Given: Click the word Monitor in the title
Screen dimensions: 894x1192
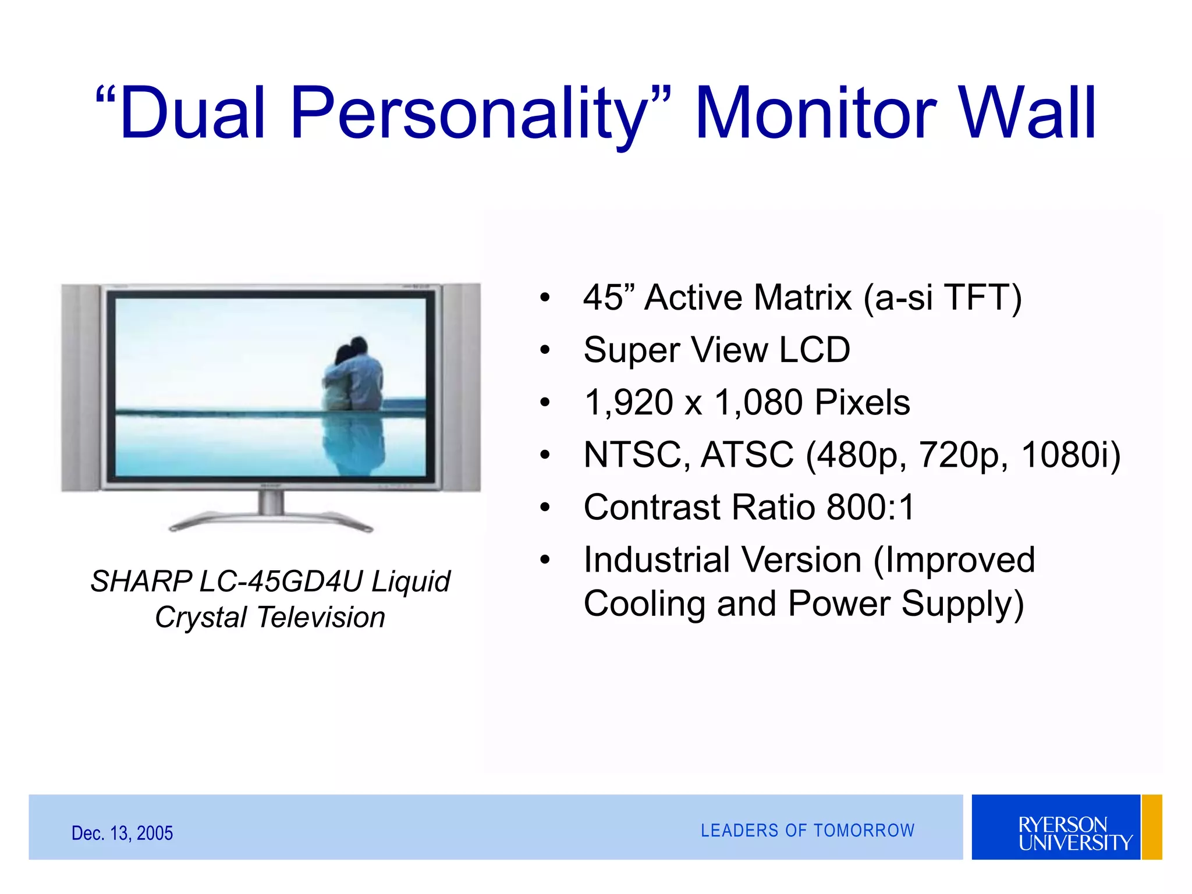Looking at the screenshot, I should pos(815,113).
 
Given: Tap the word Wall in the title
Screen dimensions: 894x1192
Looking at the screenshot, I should pos(1027,113).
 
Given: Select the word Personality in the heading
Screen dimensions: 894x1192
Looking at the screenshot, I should pos(469,113).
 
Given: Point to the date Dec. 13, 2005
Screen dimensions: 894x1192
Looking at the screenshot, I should pos(122,833).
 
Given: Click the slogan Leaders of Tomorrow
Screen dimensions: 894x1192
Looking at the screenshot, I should pos(807,831).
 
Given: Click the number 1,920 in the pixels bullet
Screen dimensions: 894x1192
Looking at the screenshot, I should pos(628,403).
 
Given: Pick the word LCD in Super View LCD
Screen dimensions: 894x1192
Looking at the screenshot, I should pos(814,350).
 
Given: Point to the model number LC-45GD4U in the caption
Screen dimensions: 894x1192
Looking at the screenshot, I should pos(281,581).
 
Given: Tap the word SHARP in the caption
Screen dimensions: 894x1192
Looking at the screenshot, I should pos(141,581).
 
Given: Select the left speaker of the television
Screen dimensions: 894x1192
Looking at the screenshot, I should pos(80,388).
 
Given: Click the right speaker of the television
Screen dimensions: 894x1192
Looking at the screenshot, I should pos(462,388).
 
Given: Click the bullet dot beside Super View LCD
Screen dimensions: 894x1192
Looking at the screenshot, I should pos(545,350).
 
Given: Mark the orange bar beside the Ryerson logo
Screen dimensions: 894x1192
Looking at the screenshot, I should pos(1152,827).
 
